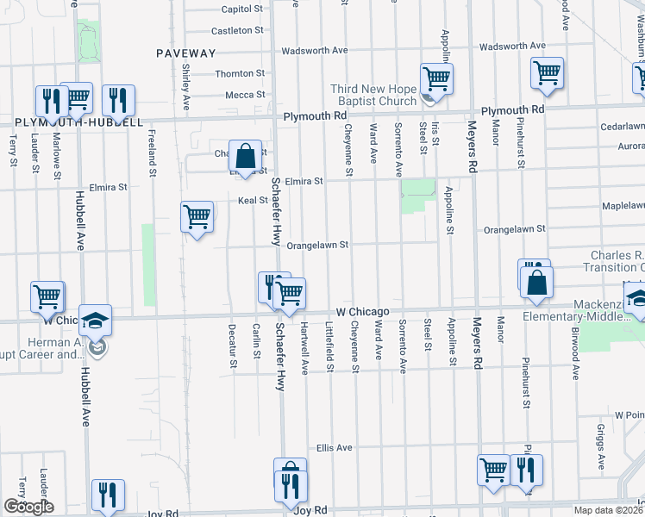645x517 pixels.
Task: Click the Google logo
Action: point(28,507)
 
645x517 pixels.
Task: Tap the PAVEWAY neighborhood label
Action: point(185,53)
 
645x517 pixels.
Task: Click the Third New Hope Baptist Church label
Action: point(373,95)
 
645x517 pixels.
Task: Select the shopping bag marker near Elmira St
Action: point(246,157)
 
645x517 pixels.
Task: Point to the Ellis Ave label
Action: point(335,448)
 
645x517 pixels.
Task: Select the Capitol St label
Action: point(241,9)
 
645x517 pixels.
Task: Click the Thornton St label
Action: point(239,74)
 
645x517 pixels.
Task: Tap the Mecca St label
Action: point(246,95)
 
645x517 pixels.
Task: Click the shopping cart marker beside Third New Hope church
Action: point(437,79)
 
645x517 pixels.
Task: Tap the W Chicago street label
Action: point(363,311)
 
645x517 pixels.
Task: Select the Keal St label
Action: point(253,201)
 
